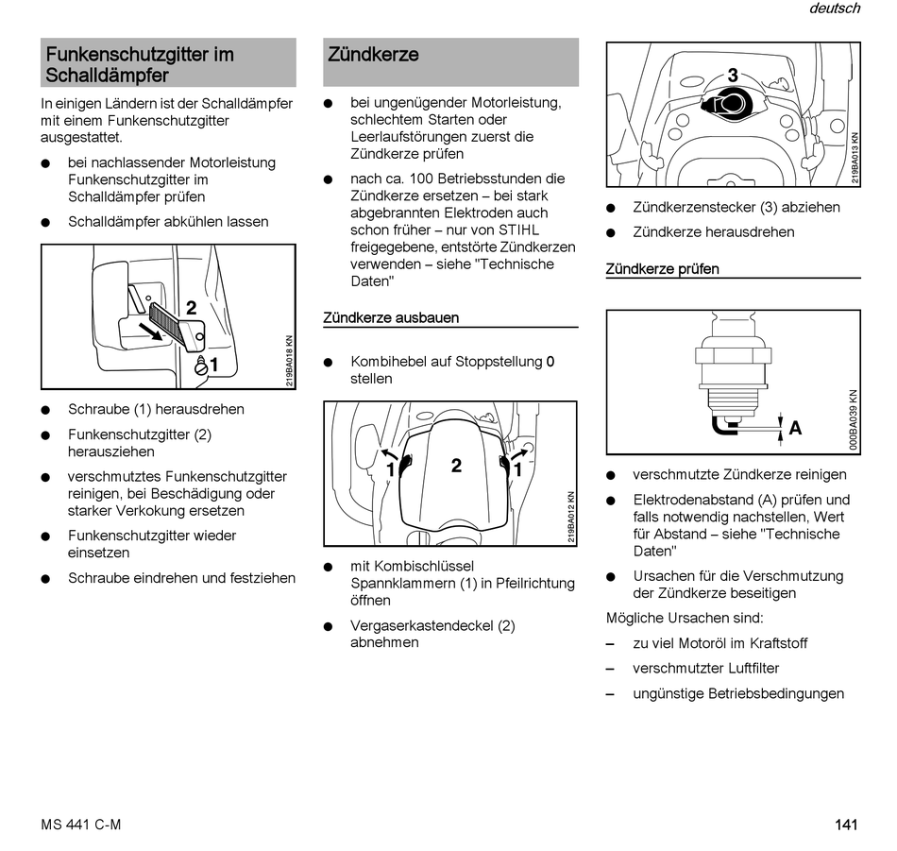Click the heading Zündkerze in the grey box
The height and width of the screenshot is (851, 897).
tap(373, 55)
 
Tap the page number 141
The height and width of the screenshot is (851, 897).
tap(846, 825)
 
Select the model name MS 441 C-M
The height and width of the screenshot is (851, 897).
tap(81, 825)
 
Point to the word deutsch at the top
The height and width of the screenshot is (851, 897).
tap(834, 9)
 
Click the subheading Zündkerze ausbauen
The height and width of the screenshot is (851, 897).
tap(391, 318)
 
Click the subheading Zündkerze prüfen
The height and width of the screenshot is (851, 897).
tap(662, 269)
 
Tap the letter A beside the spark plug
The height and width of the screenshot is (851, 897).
tap(795, 429)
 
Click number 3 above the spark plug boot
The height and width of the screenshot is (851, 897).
tap(732, 77)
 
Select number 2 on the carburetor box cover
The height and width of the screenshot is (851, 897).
tap(456, 466)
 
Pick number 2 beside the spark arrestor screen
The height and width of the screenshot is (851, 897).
tap(191, 308)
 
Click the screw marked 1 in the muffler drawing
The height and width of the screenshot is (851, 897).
tap(200, 366)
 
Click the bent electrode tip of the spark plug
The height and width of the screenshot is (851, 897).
tap(722, 427)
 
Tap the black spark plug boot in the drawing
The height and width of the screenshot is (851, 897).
tap(728, 102)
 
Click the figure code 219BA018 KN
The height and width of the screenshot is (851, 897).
tap(290, 361)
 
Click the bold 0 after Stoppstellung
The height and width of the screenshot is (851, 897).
tap(550, 362)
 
